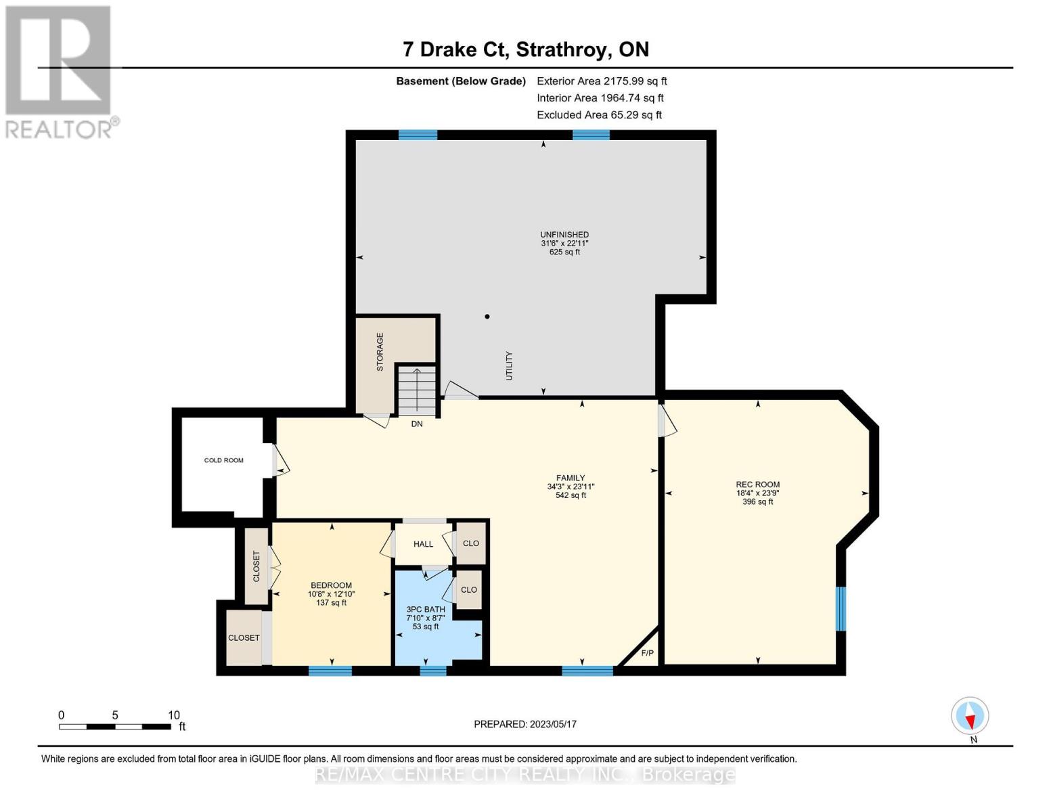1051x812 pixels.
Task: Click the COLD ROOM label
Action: click(223, 460)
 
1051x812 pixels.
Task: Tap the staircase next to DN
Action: click(416, 392)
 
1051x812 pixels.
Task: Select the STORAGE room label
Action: click(380, 352)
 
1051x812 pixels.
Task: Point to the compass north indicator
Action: click(970, 716)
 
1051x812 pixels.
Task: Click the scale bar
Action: click(115, 727)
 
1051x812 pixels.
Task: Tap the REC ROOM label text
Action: click(757, 484)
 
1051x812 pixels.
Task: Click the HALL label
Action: click(423, 544)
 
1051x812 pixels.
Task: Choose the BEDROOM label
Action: click(331, 585)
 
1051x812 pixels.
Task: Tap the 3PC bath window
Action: click(433, 671)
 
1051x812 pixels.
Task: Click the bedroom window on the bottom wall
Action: click(330, 671)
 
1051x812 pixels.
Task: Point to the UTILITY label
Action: click(510, 365)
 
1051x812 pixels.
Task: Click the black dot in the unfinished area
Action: click(487, 317)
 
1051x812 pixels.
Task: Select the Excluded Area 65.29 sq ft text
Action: click(599, 115)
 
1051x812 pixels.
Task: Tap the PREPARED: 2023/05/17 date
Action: click(525, 724)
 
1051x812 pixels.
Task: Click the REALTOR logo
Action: click(60, 71)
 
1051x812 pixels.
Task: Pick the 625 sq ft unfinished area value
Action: click(564, 252)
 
